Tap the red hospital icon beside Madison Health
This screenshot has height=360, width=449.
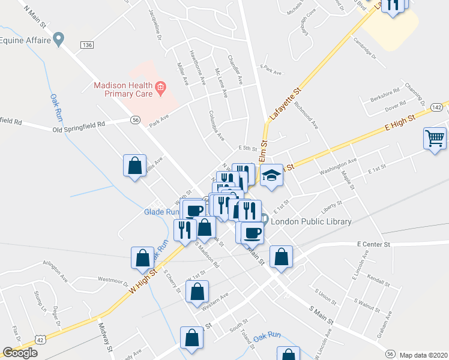(x=160, y=89)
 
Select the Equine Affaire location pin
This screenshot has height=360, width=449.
(x=58, y=40)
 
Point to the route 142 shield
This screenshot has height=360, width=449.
(x=436, y=106)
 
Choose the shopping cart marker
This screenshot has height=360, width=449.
(x=435, y=139)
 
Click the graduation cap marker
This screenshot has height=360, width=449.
(x=271, y=176)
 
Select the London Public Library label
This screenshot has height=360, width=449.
(x=311, y=222)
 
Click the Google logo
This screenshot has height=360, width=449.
(x=20, y=353)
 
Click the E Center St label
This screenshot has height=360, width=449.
(x=373, y=245)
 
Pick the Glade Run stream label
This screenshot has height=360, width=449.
(x=161, y=212)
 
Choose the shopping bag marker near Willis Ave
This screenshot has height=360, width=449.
(x=134, y=165)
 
